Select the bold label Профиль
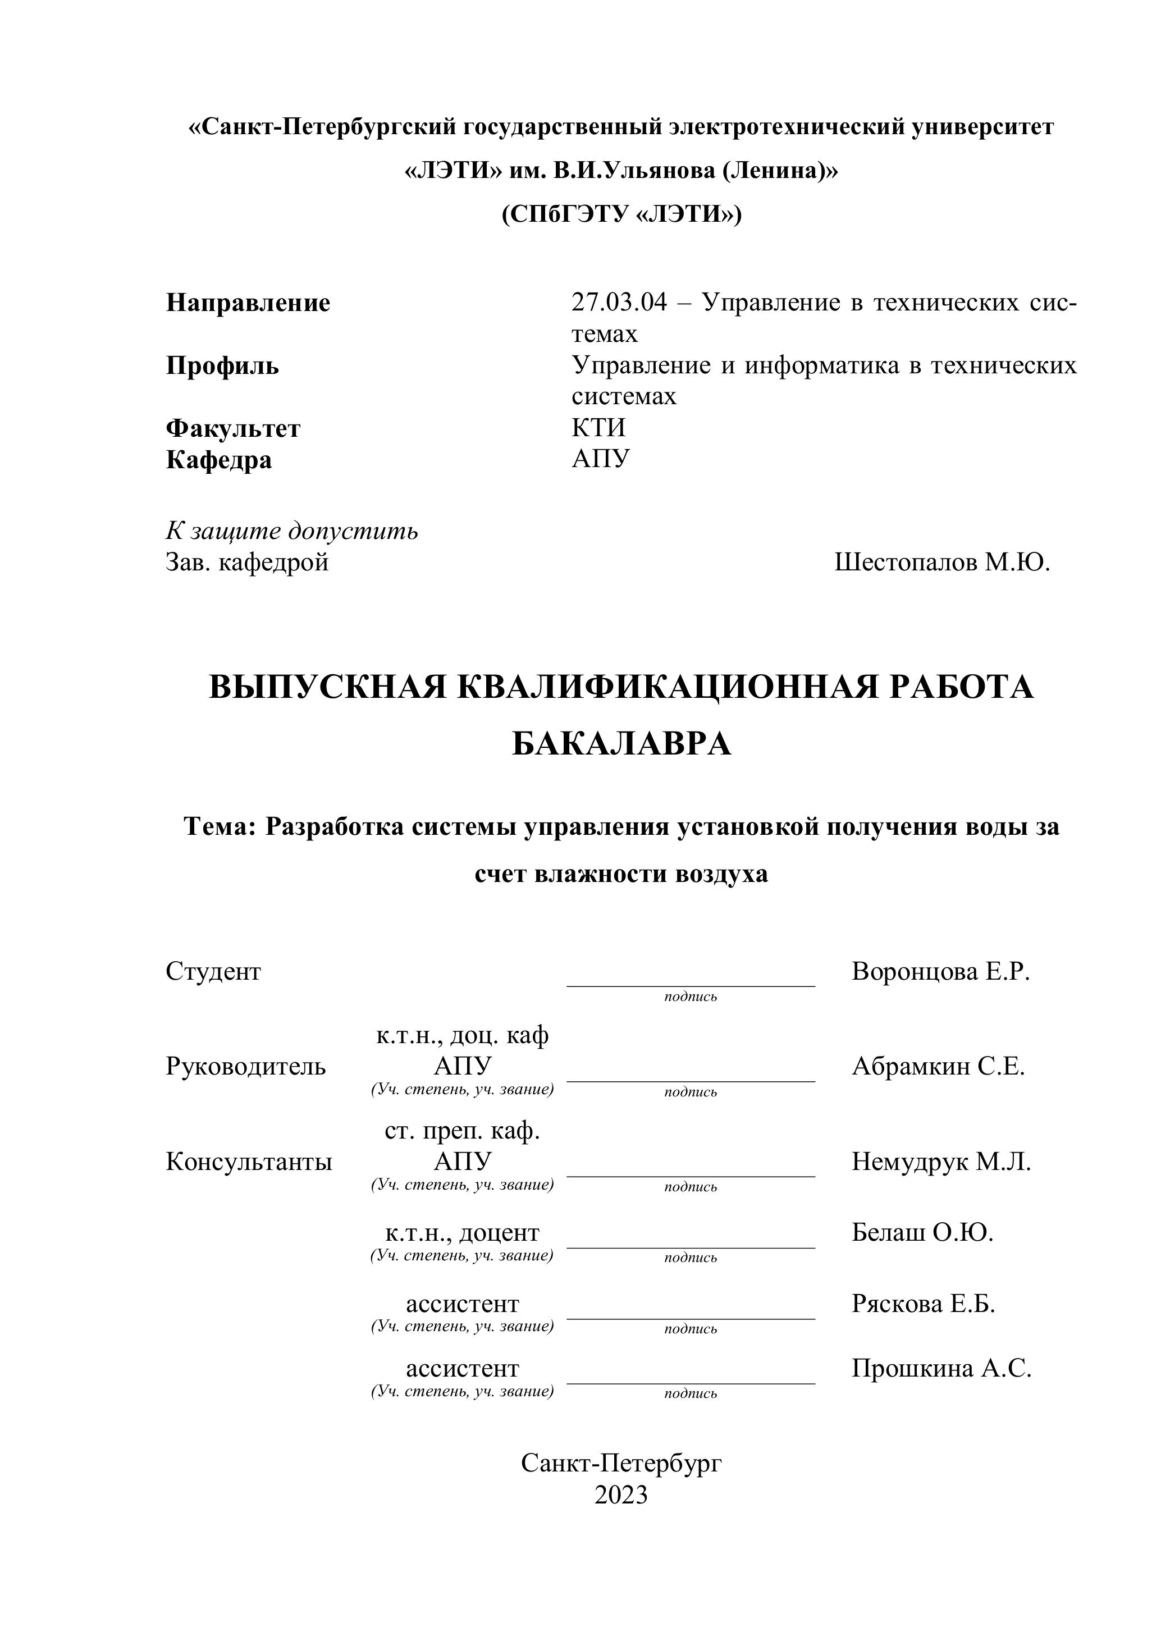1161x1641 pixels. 222,366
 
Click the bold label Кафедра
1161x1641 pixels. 219,460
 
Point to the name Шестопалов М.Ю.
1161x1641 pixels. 942,563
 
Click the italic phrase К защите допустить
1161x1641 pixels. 292,531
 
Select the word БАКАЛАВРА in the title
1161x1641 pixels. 621,744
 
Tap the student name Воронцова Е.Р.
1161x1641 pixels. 941,971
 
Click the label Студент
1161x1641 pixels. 213,971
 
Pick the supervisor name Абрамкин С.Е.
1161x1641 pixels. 938,1066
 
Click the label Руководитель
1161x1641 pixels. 245,1066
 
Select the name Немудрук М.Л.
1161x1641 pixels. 941,1162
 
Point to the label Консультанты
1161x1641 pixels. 249,1162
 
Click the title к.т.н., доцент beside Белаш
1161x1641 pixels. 462,1233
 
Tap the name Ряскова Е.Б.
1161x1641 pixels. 923,1304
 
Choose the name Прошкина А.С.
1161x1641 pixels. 941,1369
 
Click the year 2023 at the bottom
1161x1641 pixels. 620,1495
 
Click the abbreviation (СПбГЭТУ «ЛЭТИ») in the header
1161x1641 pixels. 621,214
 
